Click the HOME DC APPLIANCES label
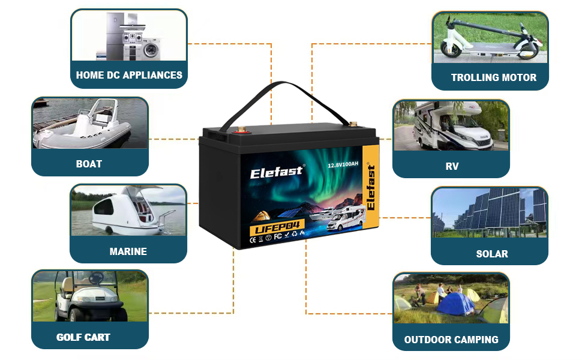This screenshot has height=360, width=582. click(x=129, y=76)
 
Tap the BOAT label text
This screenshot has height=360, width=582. click(x=89, y=164)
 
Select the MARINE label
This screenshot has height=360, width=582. click(x=128, y=251)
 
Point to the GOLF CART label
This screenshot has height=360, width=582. click(x=83, y=337)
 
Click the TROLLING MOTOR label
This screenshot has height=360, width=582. click(x=493, y=77)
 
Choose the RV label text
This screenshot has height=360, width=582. click(x=452, y=166)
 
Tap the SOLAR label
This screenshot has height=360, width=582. click(x=491, y=254)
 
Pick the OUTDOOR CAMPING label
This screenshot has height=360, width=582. click(x=451, y=340)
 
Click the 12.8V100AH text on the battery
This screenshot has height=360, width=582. click(x=344, y=163)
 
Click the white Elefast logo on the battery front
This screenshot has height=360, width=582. click(x=277, y=173)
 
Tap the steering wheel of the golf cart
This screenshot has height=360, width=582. click(x=96, y=278)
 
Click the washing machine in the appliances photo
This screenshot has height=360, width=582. click(x=150, y=47)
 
